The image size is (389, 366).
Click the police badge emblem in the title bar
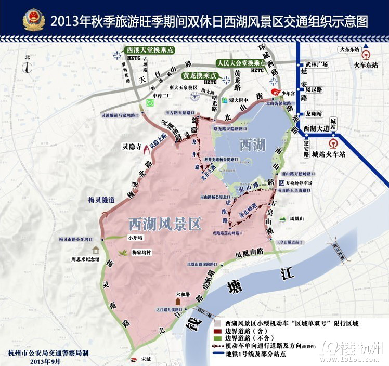(34, 19)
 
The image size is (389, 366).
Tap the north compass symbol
(28, 67)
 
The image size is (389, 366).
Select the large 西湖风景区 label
(164, 224)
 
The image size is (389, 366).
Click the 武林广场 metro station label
(317, 64)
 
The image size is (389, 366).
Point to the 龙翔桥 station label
(314, 113)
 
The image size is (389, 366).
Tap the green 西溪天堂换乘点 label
(149, 49)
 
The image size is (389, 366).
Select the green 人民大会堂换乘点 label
(241, 62)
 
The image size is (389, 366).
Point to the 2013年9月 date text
(45, 361)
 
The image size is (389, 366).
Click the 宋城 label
(146, 359)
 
